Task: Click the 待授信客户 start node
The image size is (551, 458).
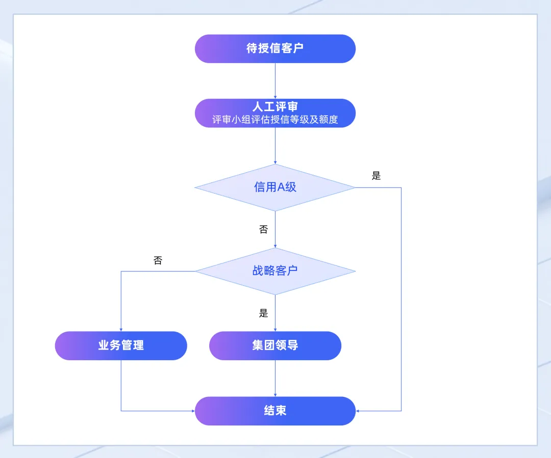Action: pos(275,49)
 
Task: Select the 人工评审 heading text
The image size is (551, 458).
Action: pos(275,107)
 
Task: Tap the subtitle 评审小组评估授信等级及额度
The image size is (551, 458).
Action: pos(275,120)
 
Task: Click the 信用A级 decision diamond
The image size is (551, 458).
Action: pos(275,187)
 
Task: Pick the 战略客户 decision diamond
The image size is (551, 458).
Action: pos(275,271)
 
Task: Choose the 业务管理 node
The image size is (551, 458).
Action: pos(121,345)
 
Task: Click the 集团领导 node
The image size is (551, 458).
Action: pos(275,345)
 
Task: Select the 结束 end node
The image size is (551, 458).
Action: pos(275,411)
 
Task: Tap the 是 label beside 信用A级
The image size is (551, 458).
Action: pos(377,176)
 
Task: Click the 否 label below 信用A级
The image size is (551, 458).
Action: pos(263,229)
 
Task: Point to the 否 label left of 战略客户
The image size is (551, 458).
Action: pos(158,261)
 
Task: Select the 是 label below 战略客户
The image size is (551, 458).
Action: pos(263,313)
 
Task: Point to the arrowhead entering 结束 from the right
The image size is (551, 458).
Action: pos(358,411)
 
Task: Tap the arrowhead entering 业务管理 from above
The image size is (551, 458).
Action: pos(121,329)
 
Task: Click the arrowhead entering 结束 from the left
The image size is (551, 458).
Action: pos(193,411)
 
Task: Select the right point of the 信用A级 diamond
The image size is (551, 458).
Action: pos(354,187)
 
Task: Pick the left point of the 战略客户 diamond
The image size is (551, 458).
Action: pos(196,271)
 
